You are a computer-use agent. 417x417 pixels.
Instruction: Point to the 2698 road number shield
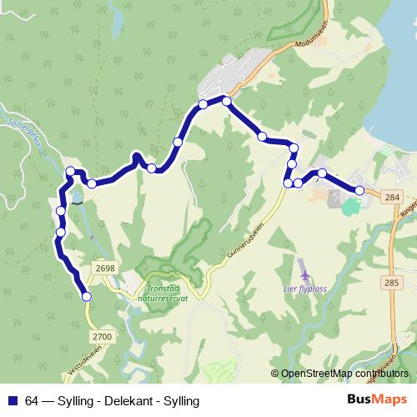tap(105, 268)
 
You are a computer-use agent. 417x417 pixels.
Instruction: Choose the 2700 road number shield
tap(102, 335)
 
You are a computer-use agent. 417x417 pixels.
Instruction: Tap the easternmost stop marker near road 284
tap(360, 191)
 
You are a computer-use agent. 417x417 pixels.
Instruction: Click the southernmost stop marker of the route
tap(85, 295)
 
